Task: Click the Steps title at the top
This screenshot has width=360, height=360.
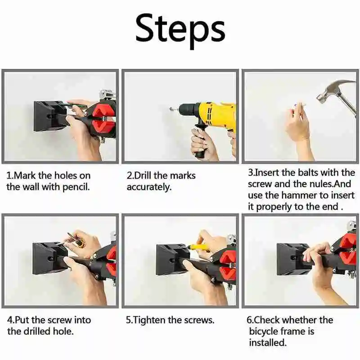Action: pos(180,31)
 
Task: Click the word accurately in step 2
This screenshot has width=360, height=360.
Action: pos(149,187)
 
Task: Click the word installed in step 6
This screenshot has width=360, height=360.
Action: pos(268,343)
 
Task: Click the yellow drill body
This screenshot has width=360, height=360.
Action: pos(218,114)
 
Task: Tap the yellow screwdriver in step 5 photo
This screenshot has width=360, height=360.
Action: pos(198,247)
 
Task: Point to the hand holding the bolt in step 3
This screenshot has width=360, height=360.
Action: pos(297,129)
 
